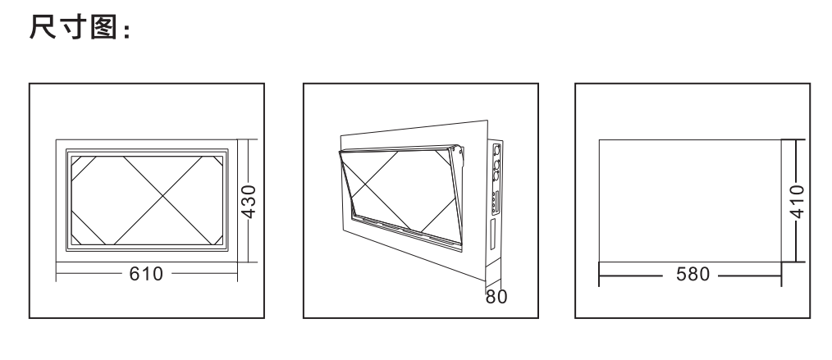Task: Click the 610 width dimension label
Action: (146, 274)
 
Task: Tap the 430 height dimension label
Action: (249, 201)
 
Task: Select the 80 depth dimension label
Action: (496, 297)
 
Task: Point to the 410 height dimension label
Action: (797, 201)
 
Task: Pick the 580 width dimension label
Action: (693, 274)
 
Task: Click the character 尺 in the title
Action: (43, 27)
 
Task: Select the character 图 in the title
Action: (103, 28)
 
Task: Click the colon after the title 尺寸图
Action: (126, 31)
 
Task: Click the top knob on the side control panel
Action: (496, 150)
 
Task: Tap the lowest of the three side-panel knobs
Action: (496, 175)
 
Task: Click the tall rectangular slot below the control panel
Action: (492, 234)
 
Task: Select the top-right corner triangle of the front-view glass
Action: (218, 161)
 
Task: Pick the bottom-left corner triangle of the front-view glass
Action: (75, 239)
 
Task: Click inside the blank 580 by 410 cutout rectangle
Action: (690, 200)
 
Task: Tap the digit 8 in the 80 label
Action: (491, 297)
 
